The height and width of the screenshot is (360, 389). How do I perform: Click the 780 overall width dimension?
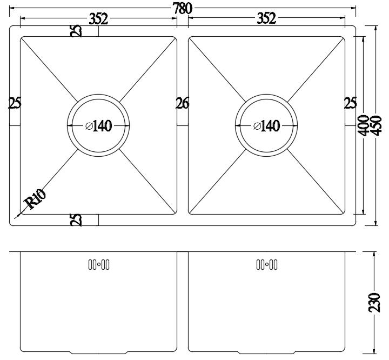tap(183, 9)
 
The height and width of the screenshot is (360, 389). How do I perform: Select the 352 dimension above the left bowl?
tap(98, 19)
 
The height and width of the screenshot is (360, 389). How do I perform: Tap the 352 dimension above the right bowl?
tap(266, 18)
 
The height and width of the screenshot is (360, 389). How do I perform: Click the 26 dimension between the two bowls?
tap(183, 103)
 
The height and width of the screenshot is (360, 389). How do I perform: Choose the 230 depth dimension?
tap(374, 302)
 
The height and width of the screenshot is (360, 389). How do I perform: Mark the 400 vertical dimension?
tap(364, 126)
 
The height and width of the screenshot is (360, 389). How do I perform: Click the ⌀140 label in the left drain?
tap(99, 126)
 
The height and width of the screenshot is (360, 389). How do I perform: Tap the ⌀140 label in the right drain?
tap(267, 126)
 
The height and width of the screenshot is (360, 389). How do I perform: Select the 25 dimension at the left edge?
tap(15, 103)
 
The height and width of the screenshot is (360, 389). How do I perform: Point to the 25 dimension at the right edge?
tap(350, 103)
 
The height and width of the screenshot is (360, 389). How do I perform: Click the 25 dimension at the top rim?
tap(76, 31)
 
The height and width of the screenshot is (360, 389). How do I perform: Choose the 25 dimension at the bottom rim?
tap(76, 219)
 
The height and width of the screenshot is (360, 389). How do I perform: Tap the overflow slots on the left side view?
tap(99, 264)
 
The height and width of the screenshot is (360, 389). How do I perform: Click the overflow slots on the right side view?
tap(267, 264)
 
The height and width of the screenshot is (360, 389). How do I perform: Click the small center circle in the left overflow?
tap(99, 264)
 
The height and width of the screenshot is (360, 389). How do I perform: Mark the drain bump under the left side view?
tap(99, 352)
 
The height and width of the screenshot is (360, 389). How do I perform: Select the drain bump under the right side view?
tap(267, 352)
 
